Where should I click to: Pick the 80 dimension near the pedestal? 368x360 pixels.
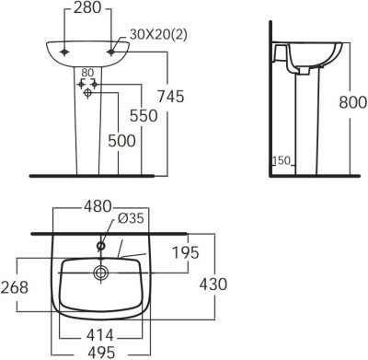click(87, 73)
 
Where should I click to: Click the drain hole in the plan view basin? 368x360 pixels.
click(98, 273)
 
